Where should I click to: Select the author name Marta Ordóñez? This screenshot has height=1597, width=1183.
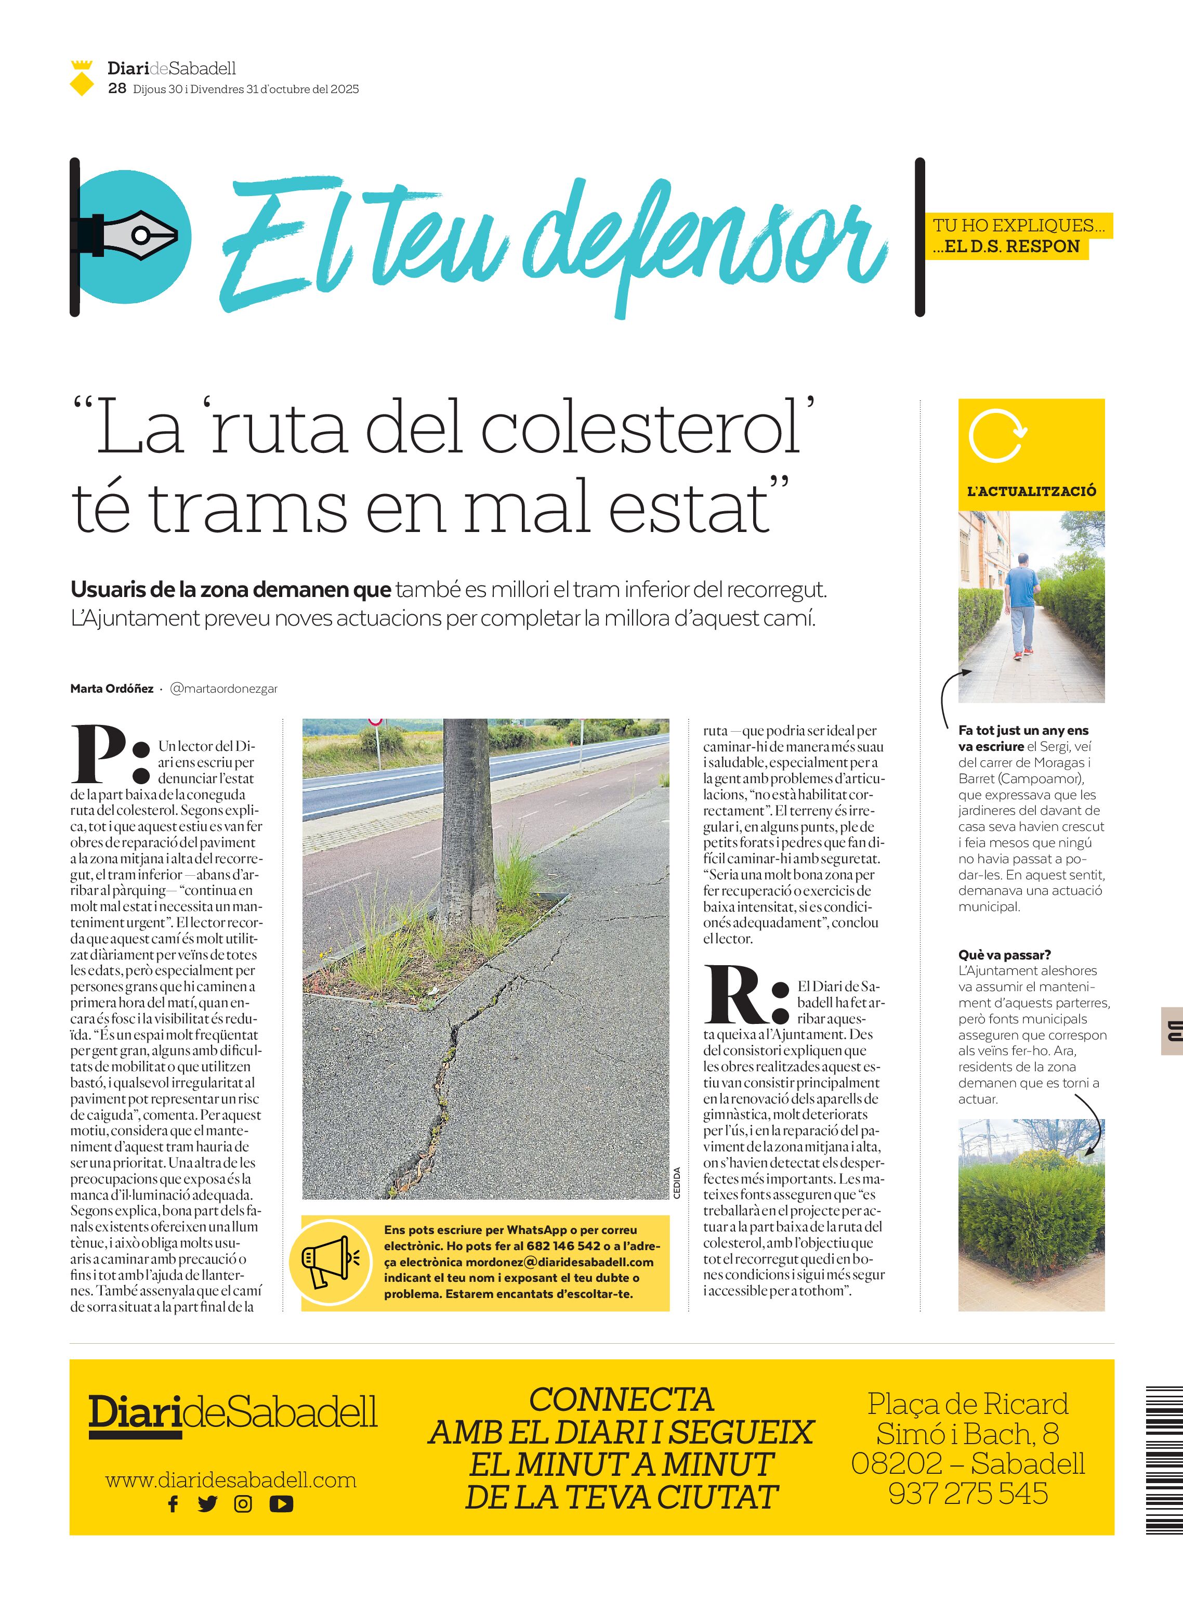pos(112,689)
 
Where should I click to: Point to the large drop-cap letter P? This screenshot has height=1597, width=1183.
pos(100,755)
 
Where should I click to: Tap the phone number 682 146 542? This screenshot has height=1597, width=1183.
pos(563,1246)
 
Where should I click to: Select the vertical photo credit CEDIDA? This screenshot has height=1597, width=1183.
pos(677,1182)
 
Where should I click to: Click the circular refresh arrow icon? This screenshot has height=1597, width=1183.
pos(997,436)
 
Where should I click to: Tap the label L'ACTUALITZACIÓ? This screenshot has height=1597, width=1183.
pos(1031,491)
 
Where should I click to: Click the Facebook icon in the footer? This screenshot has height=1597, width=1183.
pos(173,1504)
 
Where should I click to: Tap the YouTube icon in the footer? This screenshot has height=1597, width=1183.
pos(281,1504)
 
